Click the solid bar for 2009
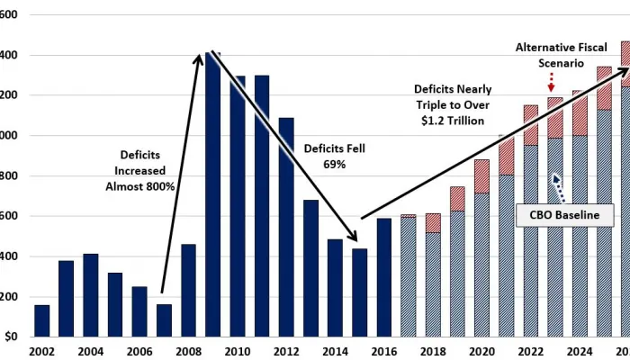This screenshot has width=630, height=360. click(212, 198)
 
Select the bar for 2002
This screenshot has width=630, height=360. click(41, 320)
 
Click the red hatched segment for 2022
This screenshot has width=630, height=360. click(530, 125)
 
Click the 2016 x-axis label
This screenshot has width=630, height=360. click(384, 351)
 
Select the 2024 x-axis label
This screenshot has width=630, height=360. click(579, 351)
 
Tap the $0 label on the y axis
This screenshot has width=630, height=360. click(11, 337)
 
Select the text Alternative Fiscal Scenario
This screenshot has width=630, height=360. click(550, 56)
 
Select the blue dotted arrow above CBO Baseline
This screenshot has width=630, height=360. click(560, 187)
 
